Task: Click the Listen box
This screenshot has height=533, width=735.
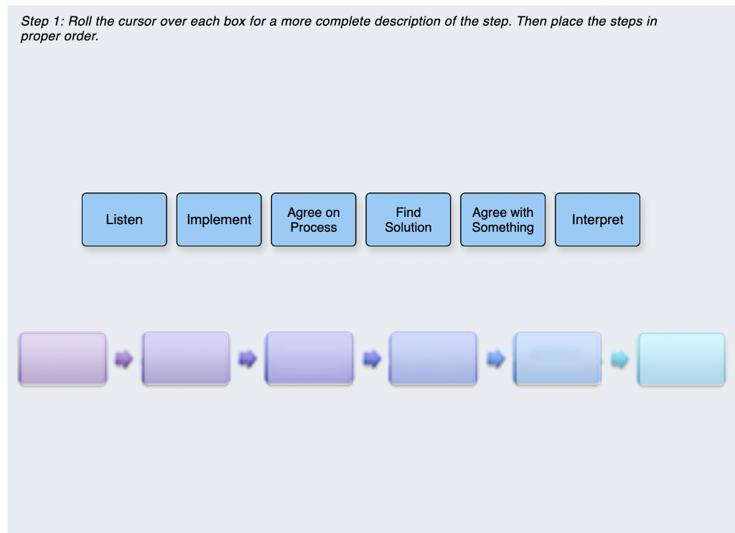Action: click(124, 220)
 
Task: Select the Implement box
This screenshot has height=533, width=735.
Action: click(219, 220)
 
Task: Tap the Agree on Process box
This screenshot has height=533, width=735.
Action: click(314, 220)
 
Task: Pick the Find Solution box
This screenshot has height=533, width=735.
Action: click(408, 220)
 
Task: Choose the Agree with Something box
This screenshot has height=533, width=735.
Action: click(502, 220)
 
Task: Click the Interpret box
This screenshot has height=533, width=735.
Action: click(597, 220)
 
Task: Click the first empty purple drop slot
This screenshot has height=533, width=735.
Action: click(62, 358)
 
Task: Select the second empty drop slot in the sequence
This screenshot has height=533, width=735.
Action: click(186, 358)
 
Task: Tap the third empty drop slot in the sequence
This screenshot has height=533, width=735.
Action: click(309, 358)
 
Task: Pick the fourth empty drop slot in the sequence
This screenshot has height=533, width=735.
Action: click(433, 358)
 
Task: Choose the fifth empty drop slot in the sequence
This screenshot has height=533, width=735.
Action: click(558, 358)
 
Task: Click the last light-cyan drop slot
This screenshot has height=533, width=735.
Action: click(681, 358)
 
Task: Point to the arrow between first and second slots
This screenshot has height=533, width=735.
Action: click(124, 358)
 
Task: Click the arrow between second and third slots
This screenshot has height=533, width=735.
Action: click(248, 358)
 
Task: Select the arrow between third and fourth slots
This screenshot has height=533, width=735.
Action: click(372, 358)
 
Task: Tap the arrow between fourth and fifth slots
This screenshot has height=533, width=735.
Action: click(495, 358)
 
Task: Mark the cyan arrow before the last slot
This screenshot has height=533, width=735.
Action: click(619, 358)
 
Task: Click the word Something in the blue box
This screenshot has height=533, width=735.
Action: click(502, 228)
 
